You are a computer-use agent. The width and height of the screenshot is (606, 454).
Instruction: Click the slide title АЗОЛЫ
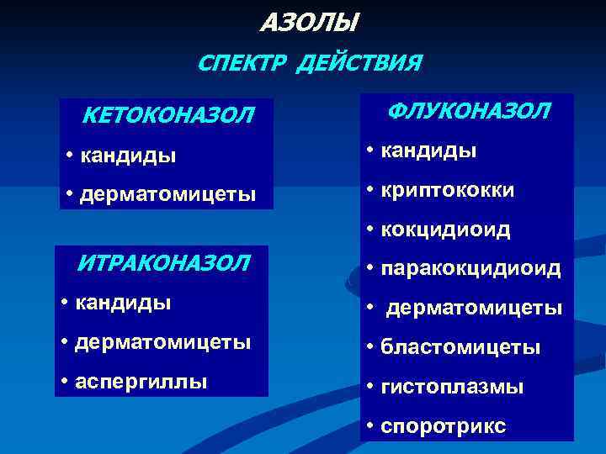tap(309, 21)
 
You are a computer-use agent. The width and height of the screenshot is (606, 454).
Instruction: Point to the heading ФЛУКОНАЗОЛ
tap(470, 111)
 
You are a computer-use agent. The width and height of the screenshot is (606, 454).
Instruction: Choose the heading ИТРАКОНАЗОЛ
tap(163, 262)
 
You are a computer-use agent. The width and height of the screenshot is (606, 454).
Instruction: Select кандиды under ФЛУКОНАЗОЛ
tap(429, 150)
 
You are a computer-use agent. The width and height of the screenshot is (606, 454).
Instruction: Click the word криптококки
tap(448, 190)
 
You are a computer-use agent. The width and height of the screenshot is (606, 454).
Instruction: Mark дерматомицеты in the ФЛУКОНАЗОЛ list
tap(474, 309)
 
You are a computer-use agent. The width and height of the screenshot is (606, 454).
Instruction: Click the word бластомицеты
tap(460, 347)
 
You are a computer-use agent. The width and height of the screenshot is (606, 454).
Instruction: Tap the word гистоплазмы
tap(452, 387)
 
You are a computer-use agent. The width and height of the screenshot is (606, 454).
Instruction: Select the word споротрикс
tap(444, 426)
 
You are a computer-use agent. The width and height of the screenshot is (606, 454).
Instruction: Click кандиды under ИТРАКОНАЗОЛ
tap(123, 302)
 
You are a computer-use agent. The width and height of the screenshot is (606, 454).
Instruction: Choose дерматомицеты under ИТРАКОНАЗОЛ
tap(163, 342)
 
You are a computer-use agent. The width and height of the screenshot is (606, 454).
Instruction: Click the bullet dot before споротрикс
tap(370, 426)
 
